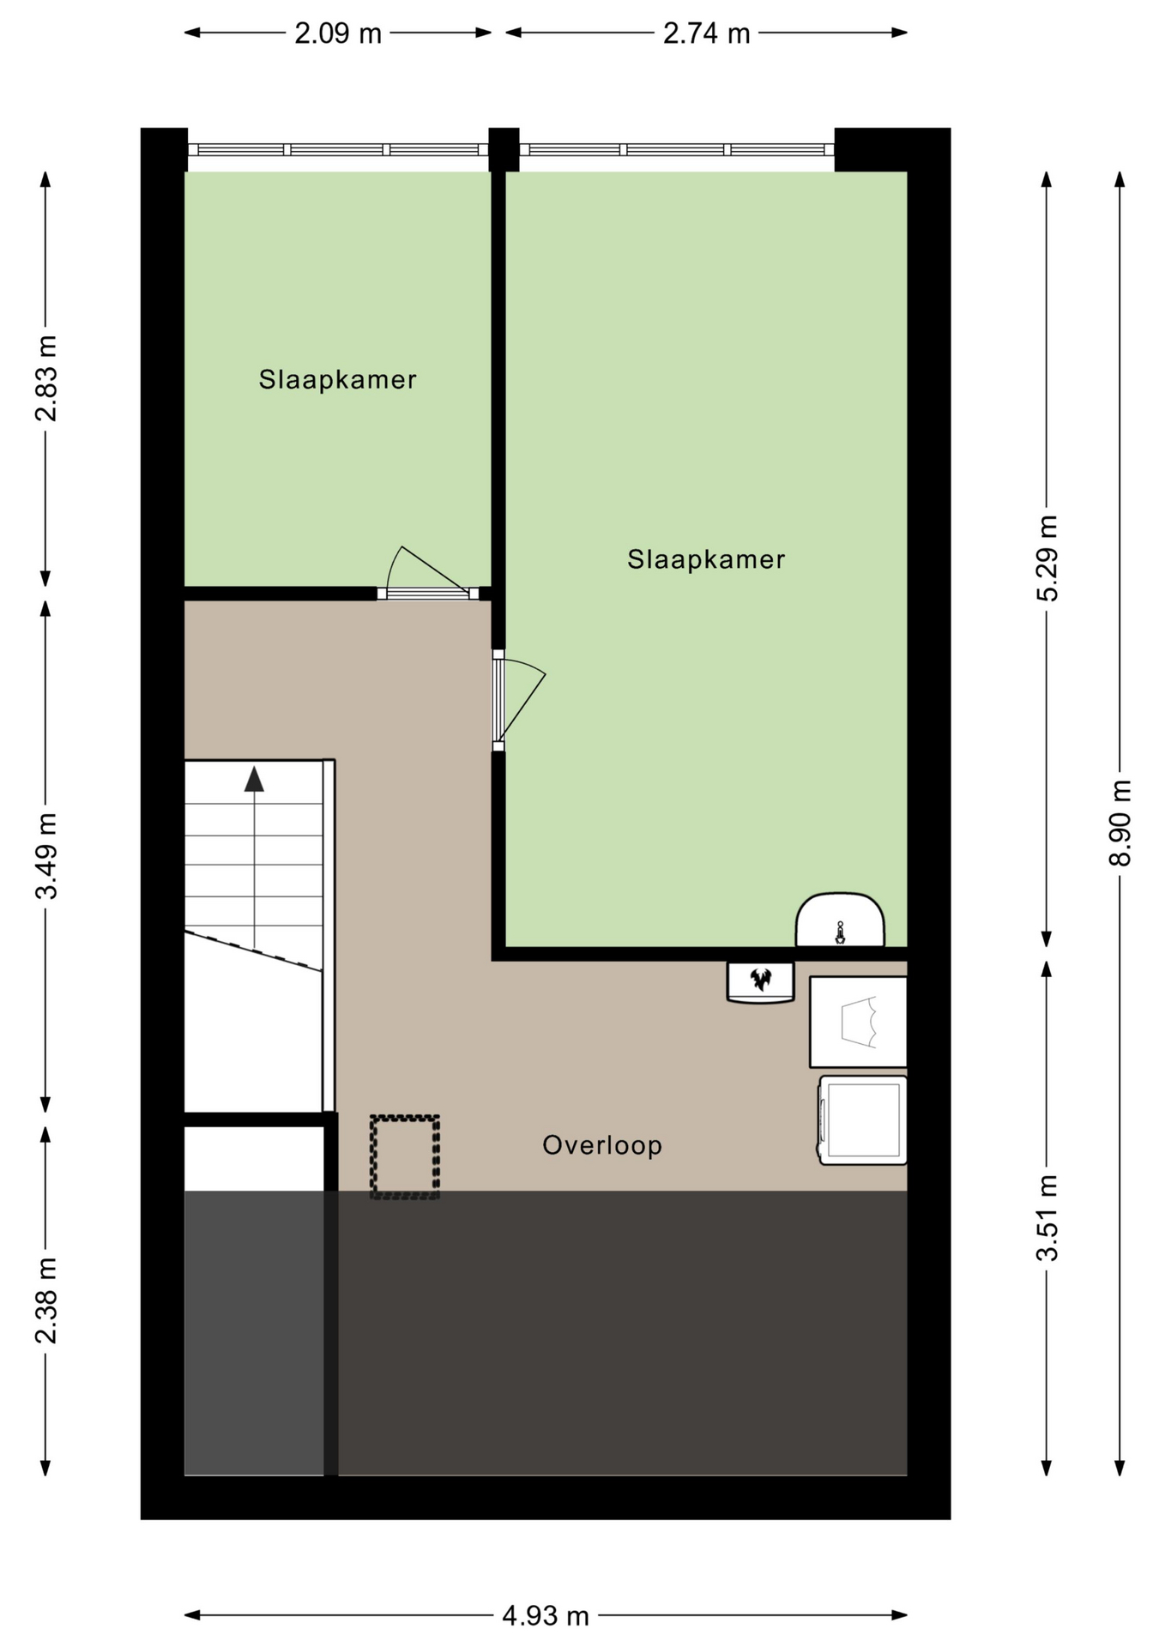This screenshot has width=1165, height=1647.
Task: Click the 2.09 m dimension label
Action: click(x=338, y=33)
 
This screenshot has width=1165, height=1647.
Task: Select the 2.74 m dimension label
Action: click(x=706, y=33)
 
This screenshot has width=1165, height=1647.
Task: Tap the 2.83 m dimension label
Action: click(x=45, y=378)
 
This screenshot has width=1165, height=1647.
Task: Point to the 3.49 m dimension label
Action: click(x=45, y=855)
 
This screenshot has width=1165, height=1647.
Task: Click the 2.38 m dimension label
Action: click(x=45, y=1300)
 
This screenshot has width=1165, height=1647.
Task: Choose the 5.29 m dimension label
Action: click(x=1047, y=558)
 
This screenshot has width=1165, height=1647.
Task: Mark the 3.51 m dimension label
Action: click(x=1047, y=1218)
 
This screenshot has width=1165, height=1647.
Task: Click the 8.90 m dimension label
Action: click(x=1120, y=823)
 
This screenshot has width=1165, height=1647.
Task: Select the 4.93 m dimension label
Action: click(x=546, y=1616)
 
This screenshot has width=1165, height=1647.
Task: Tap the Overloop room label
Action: click(x=602, y=1145)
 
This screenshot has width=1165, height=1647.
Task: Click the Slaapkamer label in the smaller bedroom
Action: click(x=338, y=379)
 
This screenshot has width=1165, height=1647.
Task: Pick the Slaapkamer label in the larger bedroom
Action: click(x=706, y=559)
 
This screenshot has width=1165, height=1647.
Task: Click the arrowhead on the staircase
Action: click(x=254, y=779)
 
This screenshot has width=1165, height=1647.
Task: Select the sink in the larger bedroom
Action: click(x=840, y=920)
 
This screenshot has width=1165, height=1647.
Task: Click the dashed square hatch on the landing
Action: click(x=405, y=1156)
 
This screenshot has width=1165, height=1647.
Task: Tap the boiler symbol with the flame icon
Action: click(x=761, y=981)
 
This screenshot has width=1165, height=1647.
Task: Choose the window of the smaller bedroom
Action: click(x=338, y=149)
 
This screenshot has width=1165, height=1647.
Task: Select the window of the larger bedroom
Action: click(x=677, y=149)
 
